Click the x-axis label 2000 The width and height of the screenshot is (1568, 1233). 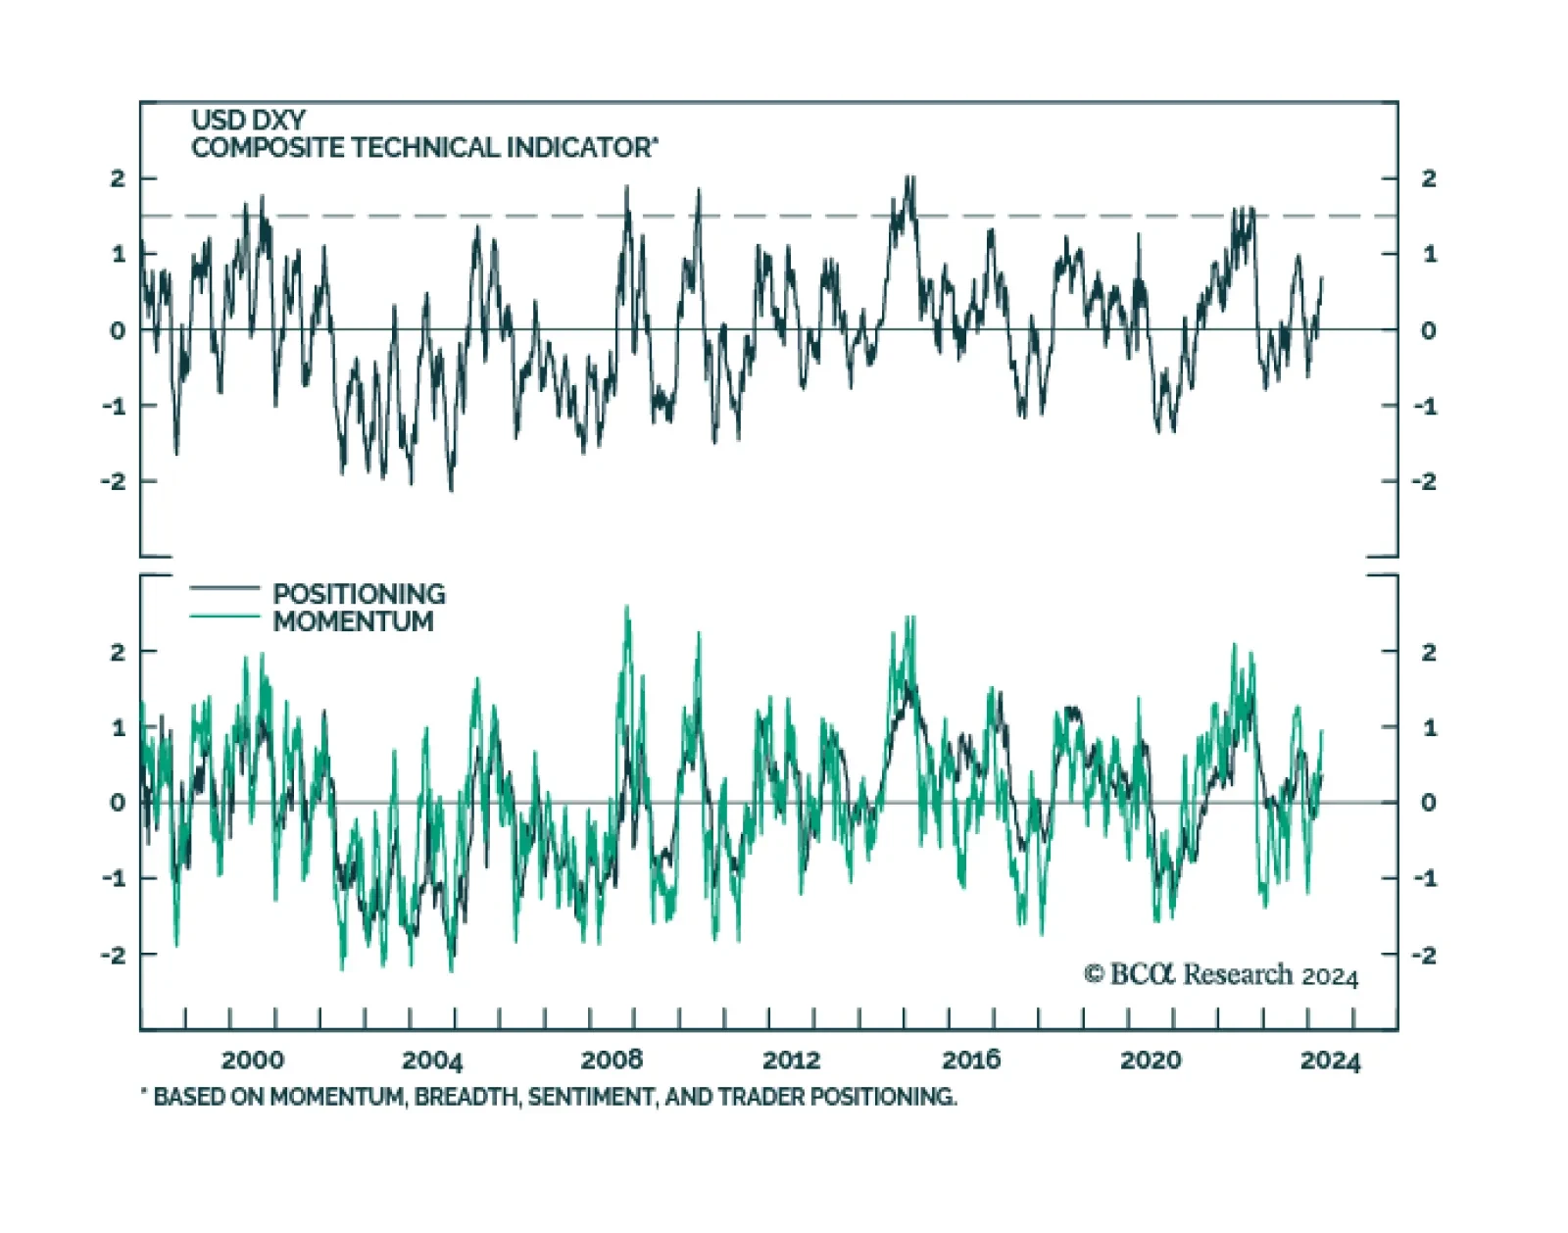[252, 1060]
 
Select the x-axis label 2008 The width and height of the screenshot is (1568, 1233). [612, 1060]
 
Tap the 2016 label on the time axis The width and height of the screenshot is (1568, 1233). [971, 1060]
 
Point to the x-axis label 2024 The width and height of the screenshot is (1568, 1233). [1330, 1061]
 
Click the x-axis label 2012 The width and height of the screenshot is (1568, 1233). [791, 1060]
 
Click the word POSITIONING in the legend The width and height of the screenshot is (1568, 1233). [359, 594]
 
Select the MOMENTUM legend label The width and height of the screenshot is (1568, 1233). [353, 621]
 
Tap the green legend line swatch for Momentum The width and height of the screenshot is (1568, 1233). [224, 616]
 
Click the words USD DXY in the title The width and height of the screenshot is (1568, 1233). [248, 120]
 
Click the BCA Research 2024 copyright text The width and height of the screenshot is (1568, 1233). [1221, 974]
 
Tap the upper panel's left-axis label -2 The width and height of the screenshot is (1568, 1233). [115, 481]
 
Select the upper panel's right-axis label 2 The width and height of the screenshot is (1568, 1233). [1429, 178]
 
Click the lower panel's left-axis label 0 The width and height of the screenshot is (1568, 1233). [118, 803]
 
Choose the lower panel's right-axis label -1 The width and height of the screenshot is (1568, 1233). [1425, 878]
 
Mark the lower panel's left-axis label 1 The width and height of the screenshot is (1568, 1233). [119, 727]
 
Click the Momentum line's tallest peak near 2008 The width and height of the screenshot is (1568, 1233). [627, 608]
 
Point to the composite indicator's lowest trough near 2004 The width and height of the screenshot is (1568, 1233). [452, 489]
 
